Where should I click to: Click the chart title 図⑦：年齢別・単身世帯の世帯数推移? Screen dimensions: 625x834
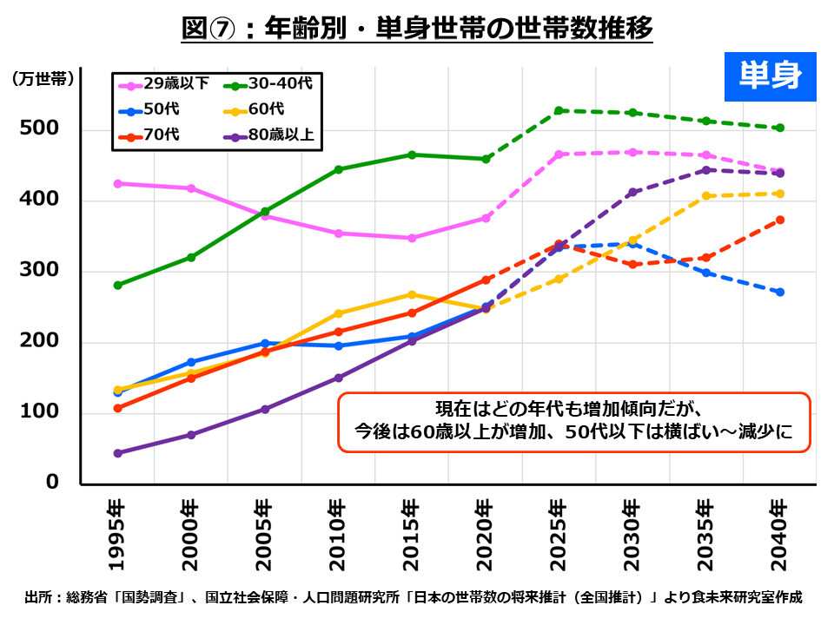point(417,28)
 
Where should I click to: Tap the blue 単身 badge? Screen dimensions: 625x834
point(770,76)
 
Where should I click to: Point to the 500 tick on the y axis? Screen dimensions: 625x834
point(38,129)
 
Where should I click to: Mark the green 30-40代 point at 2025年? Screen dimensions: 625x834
point(559,110)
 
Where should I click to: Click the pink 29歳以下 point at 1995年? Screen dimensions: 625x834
point(117,183)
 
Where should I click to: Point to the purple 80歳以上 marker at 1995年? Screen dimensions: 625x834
point(117,453)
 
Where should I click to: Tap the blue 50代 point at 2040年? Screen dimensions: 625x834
point(780,292)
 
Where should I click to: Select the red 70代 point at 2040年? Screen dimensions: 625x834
point(780,220)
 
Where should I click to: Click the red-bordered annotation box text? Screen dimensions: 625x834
point(573,421)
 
